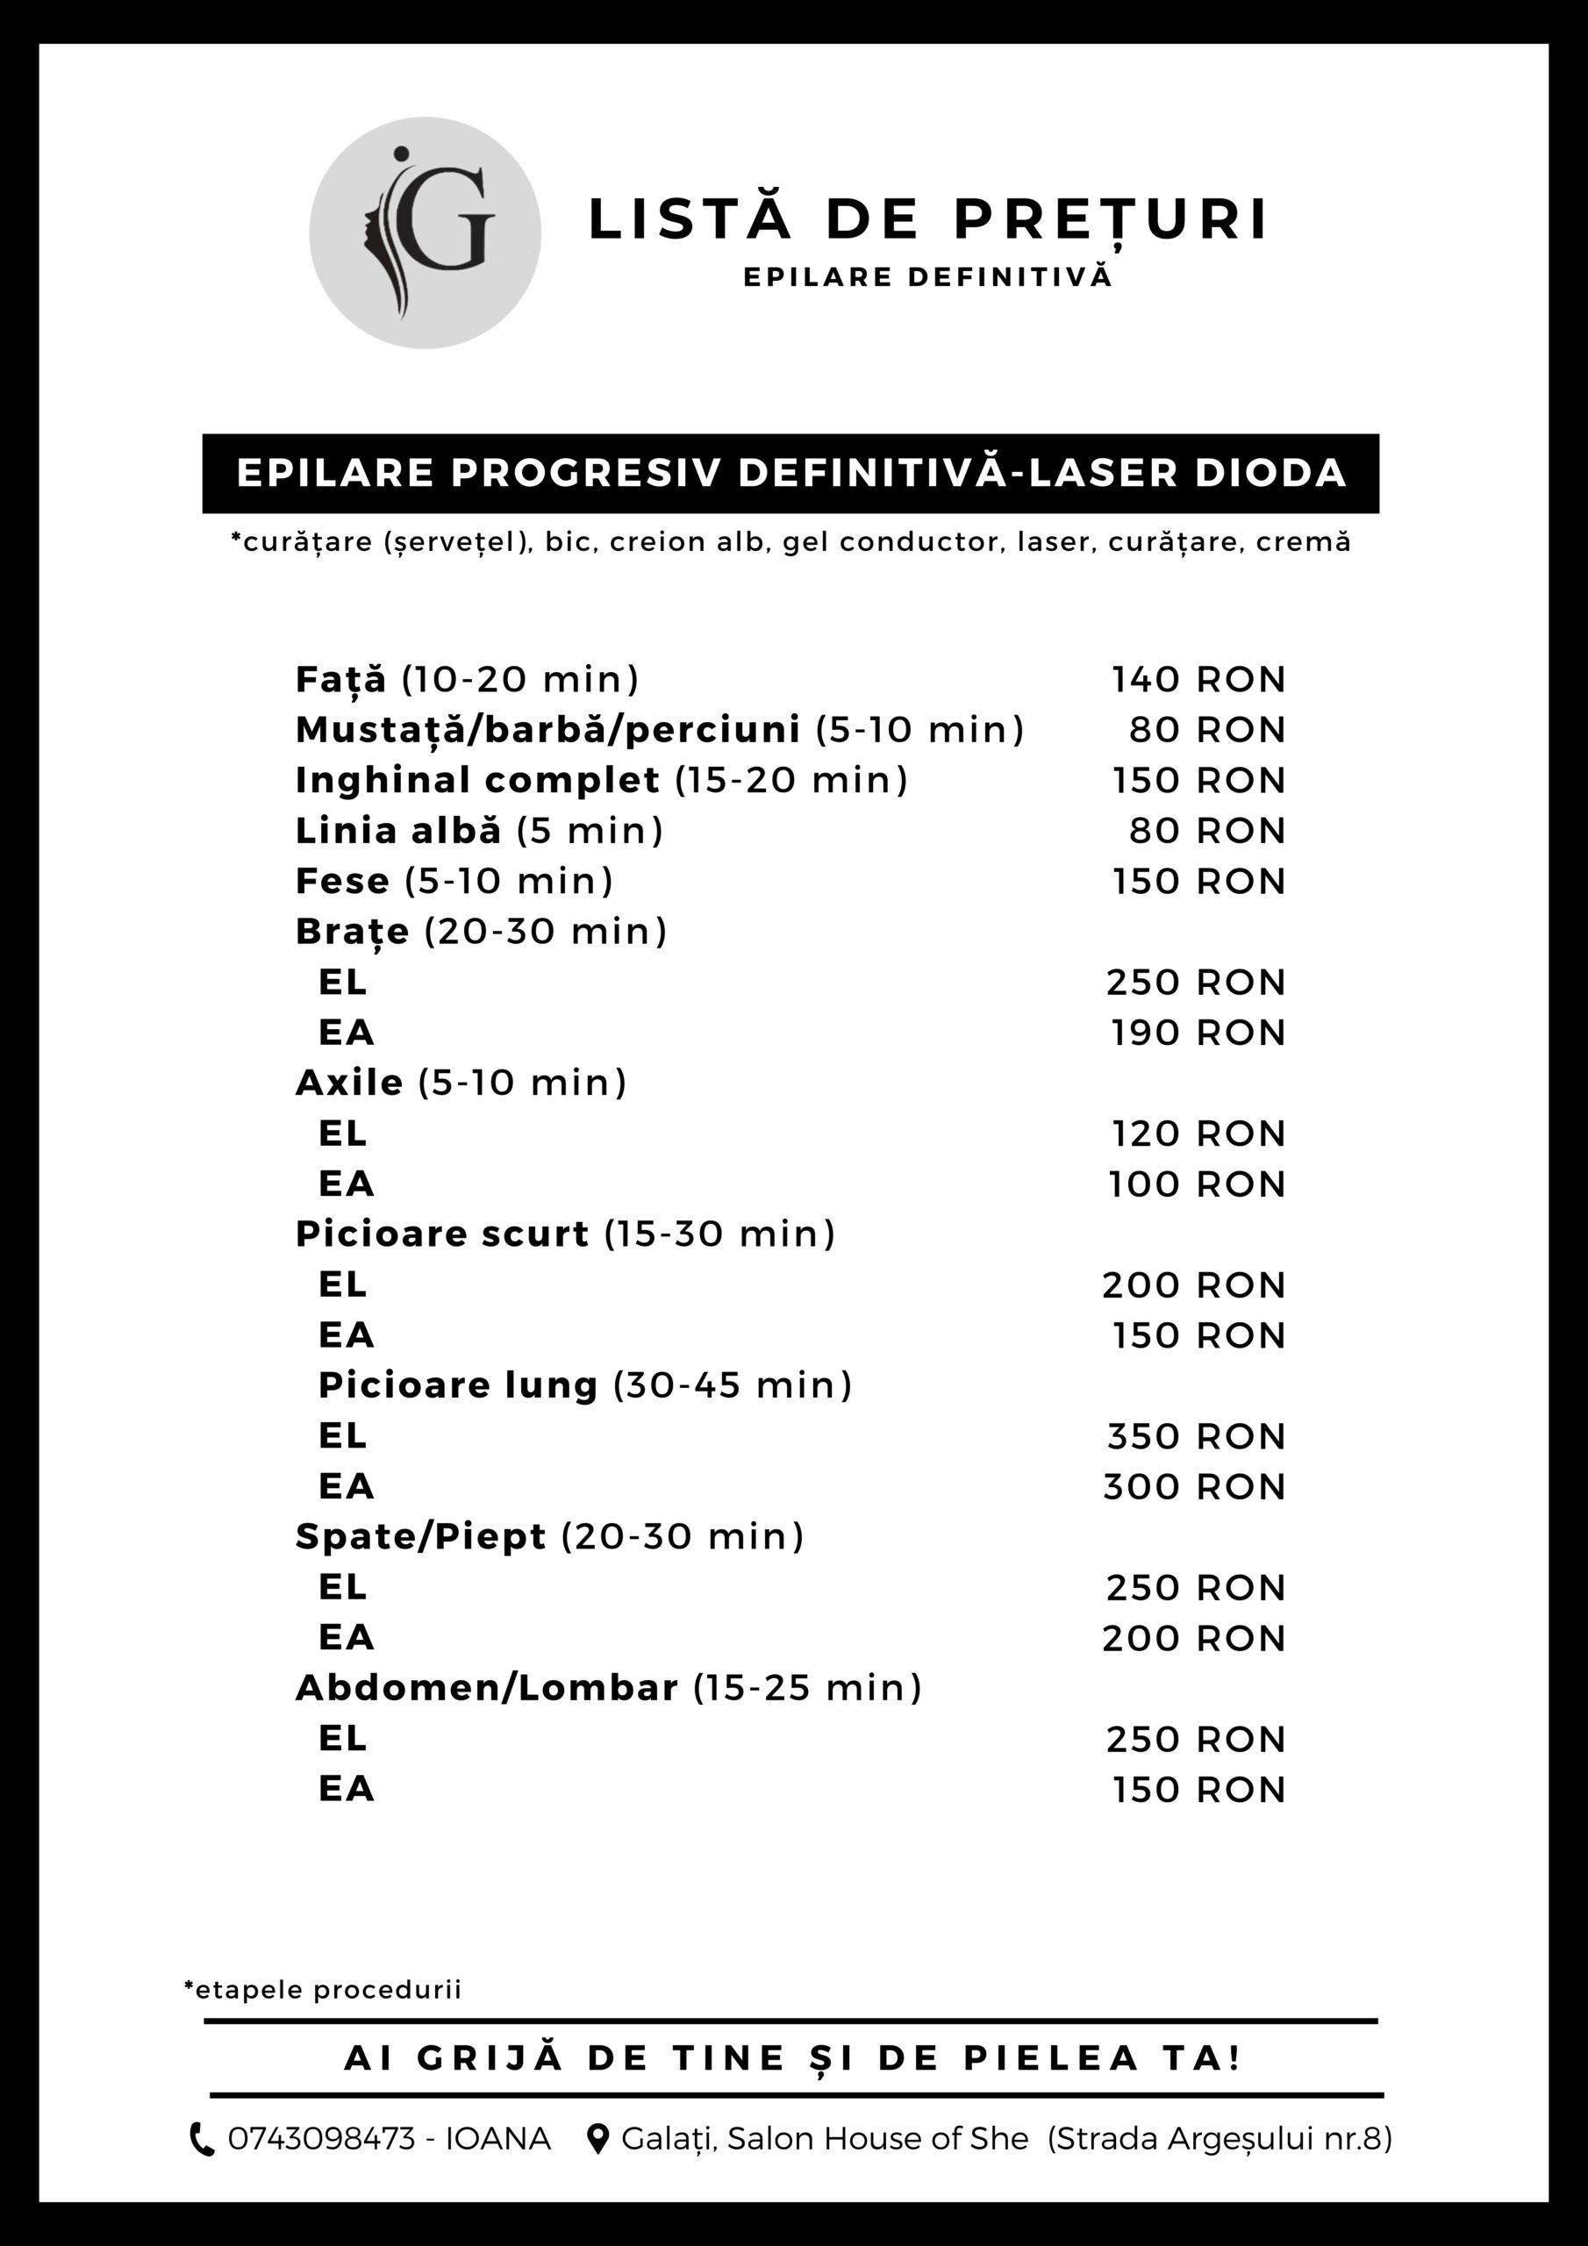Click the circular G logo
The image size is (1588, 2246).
[x=425, y=232]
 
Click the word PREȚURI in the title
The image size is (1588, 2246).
[x=1111, y=219]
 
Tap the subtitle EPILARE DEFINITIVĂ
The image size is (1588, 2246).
[x=927, y=278]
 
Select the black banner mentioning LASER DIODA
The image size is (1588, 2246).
[x=790, y=474]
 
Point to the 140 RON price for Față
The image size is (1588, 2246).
[x=1198, y=680]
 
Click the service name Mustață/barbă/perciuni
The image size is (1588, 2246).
[x=548, y=730]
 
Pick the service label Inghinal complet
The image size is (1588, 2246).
[x=477, y=781]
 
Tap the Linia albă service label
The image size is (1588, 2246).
[x=398, y=831]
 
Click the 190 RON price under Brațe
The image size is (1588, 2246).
[x=1198, y=1033]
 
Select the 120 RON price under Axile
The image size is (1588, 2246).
[x=1198, y=1134]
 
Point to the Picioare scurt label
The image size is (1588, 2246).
[x=442, y=1234]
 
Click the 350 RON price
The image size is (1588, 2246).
[x=1196, y=1437]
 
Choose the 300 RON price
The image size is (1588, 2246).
[x=1194, y=1487]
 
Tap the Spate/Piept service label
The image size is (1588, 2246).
[x=421, y=1537]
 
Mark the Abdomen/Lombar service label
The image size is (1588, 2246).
[x=486, y=1688]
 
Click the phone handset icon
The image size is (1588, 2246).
[x=202, y=2139]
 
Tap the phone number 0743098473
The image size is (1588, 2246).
[x=322, y=2139]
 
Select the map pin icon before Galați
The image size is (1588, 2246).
[x=597, y=2139]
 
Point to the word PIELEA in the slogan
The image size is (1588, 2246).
[x=1052, y=2058]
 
